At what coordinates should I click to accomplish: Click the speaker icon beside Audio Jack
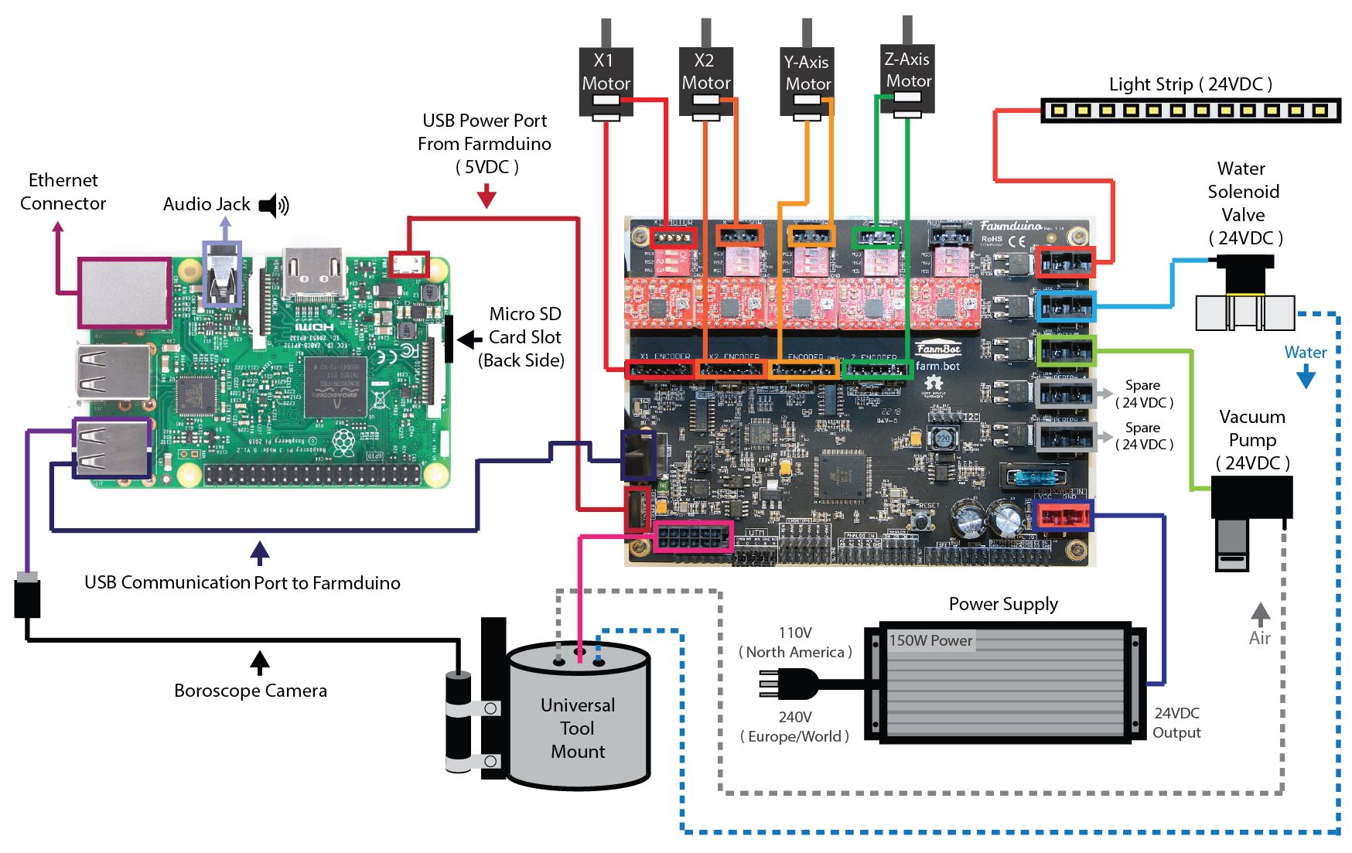(x=273, y=205)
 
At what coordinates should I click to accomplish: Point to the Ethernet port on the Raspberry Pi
(x=125, y=292)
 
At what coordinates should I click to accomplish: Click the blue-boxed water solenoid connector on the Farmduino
(x=1066, y=306)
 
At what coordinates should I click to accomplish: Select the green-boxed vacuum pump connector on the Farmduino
(x=1066, y=351)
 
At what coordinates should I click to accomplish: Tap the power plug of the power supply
(x=789, y=684)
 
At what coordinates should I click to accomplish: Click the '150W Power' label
(x=930, y=640)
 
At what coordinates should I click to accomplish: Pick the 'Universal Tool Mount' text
(x=578, y=728)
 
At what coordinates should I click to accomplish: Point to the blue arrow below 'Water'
(x=1306, y=377)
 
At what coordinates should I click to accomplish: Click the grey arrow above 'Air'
(x=1261, y=614)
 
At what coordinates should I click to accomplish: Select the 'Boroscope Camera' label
(x=250, y=691)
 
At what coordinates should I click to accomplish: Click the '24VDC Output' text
(x=1176, y=722)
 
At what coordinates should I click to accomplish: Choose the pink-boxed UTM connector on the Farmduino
(x=693, y=535)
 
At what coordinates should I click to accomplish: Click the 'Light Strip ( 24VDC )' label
(x=1190, y=84)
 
